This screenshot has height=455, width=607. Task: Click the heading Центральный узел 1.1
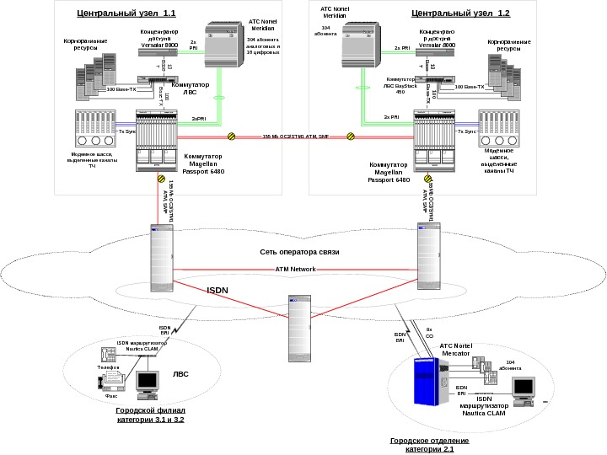[x=126, y=13]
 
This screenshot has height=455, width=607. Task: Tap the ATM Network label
[x=295, y=269]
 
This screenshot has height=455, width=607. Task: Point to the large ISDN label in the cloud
[x=218, y=290]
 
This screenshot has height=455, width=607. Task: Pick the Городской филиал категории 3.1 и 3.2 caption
[x=151, y=415]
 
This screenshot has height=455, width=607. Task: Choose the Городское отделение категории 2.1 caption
[x=422, y=445]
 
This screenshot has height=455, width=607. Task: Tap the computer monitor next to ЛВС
[x=149, y=381]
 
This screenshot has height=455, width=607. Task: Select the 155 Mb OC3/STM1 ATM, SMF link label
[x=295, y=136]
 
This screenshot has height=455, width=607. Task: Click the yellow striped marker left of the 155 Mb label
[x=231, y=136]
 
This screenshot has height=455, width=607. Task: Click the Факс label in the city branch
[x=110, y=393]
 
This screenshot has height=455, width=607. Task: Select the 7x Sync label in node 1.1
[x=127, y=132]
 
